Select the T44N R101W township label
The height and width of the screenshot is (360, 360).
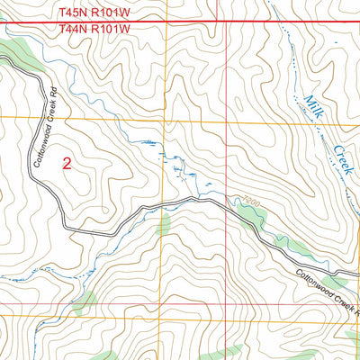94,29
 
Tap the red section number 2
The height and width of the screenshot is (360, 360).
67,163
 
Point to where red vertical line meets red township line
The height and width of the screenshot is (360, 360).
225,21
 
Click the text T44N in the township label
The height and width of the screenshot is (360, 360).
74,29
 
